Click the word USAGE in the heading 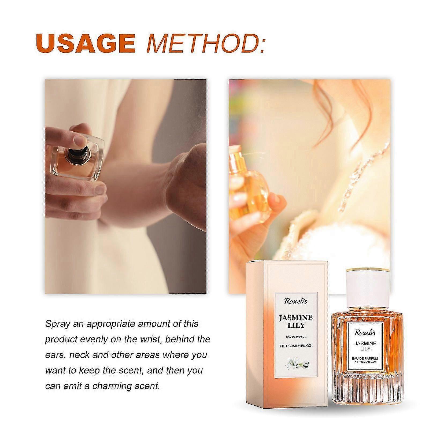tap(86, 43)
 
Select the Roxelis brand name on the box tap(296, 301)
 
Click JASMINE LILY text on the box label tap(296, 321)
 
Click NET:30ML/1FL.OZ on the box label tap(296, 346)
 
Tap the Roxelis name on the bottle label tap(365, 332)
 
